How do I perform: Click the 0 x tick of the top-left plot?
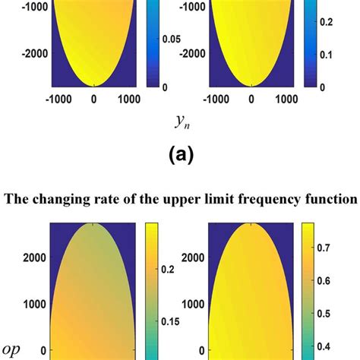point(94,98)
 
